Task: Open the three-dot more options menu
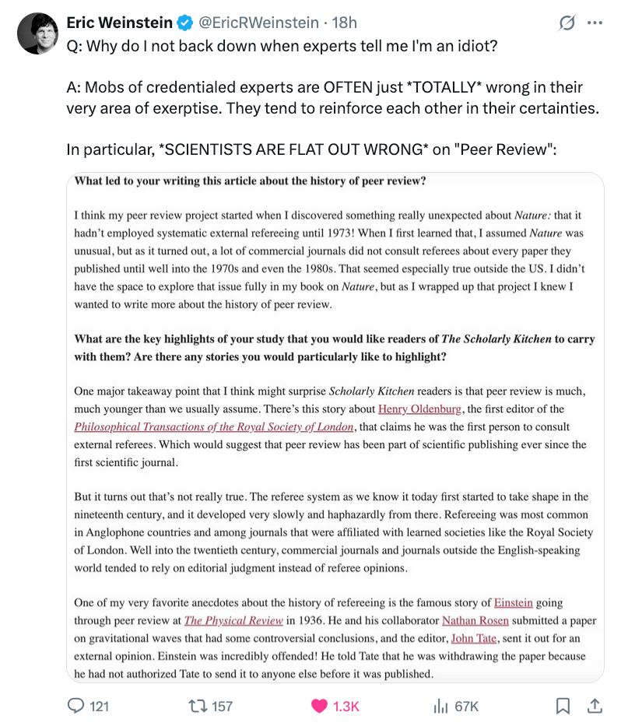coord(595,23)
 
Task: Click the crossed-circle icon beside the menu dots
coord(567,23)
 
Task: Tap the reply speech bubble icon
coord(76,706)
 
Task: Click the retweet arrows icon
coord(196,706)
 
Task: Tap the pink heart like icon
coord(319,706)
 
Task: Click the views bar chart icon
coord(440,706)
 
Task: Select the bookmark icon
coord(563,706)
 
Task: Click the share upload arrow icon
coord(594,706)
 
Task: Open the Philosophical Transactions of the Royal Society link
coord(214,426)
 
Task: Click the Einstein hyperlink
coord(513,602)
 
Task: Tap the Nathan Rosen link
coord(475,620)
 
